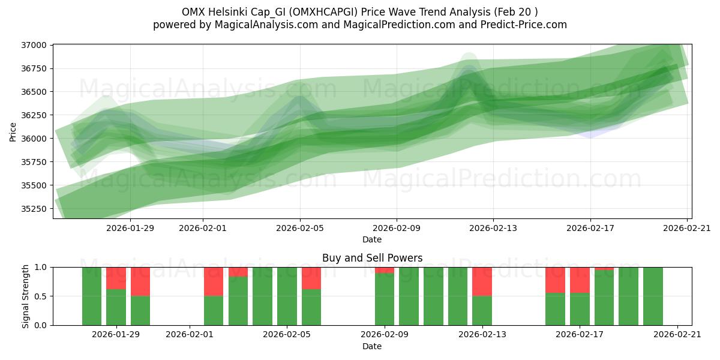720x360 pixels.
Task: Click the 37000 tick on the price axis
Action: pyautogui.click(x=34, y=46)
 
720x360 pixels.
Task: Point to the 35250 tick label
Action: pyautogui.click(x=34, y=209)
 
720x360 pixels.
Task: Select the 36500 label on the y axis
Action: pyautogui.click(x=34, y=92)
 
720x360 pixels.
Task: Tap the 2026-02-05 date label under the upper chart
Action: pyautogui.click(x=300, y=228)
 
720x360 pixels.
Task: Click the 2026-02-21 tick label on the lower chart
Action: pyautogui.click(x=677, y=335)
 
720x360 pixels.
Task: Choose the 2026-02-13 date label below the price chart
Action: pyautogui.click(x=493, y=228)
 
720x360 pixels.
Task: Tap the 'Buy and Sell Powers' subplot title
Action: pyautogui.click(x=372, y=258)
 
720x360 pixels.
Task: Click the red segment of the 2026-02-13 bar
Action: pyautogui.click(x=482, y=281)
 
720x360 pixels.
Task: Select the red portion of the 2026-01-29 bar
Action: pyautogui.click(x=116, y=278)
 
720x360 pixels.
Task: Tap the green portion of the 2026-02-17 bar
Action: pyautogui.click(x=580, y=309)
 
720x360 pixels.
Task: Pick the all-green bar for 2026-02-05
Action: pyautogui.click(x=287, y=296)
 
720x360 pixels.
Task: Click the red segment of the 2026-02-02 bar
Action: pyautogui.click(x=214, y=281)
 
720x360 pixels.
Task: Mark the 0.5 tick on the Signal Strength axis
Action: pyautogui.click(x=42, y=296)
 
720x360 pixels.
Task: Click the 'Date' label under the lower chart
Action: pyautogui.click(x=372, y=346)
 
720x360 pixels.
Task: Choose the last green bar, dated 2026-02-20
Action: pyautogui.click(x=653, y=296)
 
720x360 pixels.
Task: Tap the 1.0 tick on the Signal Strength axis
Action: pyautogui.click(x=42, y=268)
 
